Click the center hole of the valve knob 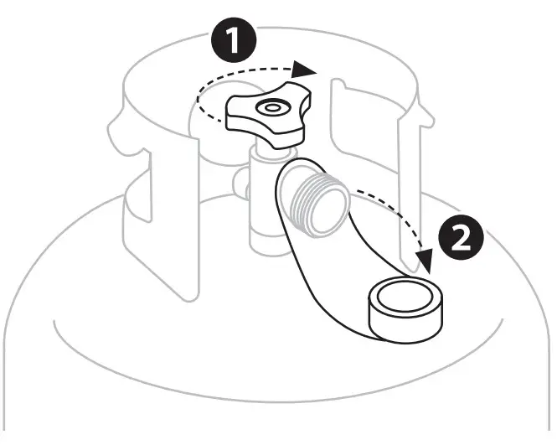(x=271, y=108)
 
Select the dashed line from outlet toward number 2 (x=394, y=205)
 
